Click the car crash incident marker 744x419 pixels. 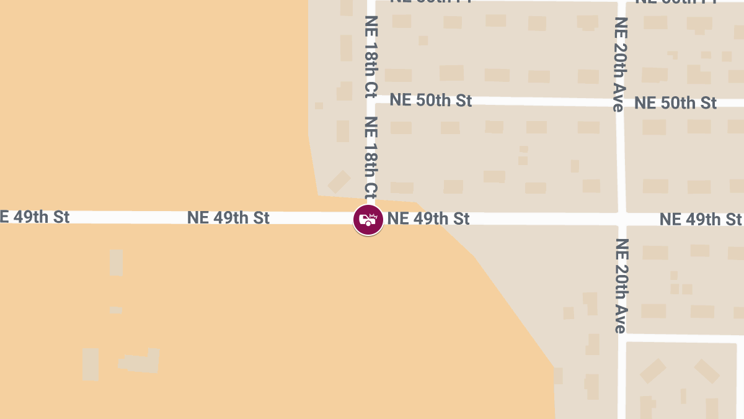[x=368, y=220]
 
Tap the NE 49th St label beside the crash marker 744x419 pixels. [x=428, y=219]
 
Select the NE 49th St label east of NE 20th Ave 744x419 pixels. [x=700, y=220]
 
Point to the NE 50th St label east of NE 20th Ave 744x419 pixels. [x=675, y=103]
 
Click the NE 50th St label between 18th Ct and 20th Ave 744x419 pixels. [x=431, y=101]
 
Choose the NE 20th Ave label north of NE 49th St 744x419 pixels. [x=619, y=64]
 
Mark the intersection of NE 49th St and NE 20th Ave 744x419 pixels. [x=621, y=219]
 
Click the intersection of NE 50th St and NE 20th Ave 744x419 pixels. [x=620, y=102]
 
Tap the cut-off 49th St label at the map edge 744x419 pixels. [x=34, y=217]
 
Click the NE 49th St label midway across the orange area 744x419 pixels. [x=228, y=218]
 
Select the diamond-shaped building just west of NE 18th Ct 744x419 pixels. [x=339, y=182]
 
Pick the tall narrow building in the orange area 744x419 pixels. [x=116, y=263]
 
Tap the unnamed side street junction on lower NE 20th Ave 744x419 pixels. [x=622, y=337]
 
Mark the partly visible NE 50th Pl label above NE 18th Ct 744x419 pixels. [x=430, y=2]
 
